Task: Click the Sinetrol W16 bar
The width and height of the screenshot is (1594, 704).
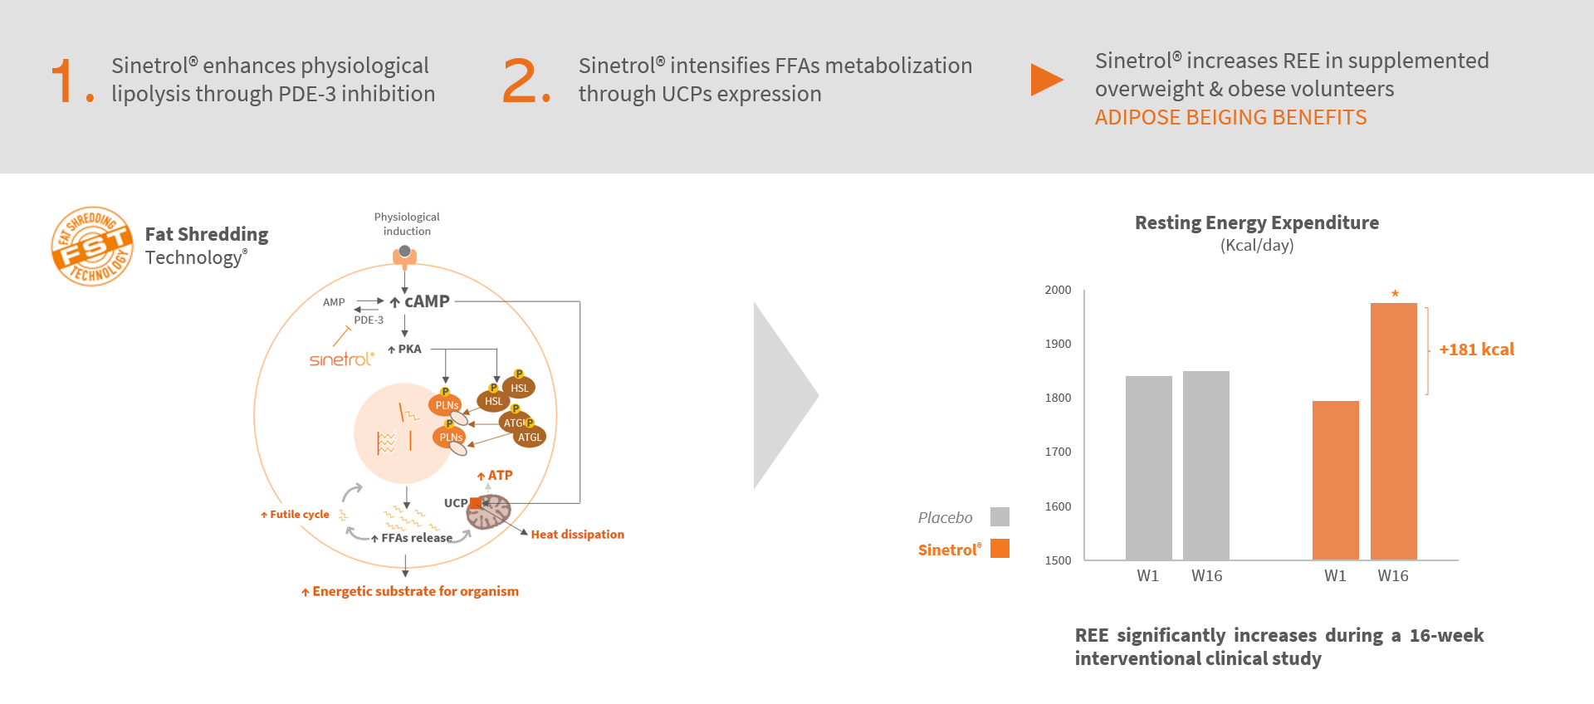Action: pyautogui.click(x=1393, y=431)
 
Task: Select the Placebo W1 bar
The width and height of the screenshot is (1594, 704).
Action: pyautogui.click(x=1149, y=467)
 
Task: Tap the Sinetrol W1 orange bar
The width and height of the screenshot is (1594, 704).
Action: pyautogui.click(x=1336, y=480)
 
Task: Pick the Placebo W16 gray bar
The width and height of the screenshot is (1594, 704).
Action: pyautogui.click(x=1206, y=465)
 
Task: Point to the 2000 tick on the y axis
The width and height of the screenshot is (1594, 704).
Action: pyautogui.click(x=1058, y=290)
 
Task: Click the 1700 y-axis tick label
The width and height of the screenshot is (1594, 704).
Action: pyautogui.click(x=1058, y=452)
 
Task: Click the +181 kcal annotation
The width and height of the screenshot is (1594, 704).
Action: pyautogui.click(x=1476, y=350)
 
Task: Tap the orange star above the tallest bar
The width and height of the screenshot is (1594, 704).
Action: pyautogui.click(x=1395, y=293)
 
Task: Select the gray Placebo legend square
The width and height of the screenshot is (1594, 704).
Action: pyautogui.click(x=1000, y=516)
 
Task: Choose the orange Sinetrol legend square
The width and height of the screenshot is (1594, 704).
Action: pyautogui.click(x=1000, y=548)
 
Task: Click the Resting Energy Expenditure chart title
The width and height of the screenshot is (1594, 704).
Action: pyautogui.click(x=1257, y=222)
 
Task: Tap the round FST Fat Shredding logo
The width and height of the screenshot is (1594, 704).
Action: pyautogui.click(x=92, y=246)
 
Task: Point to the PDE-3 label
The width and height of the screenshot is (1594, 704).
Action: pyautogui.click(x=369, y=320)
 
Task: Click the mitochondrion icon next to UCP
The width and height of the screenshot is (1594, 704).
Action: pyautogui.click(x=489, y=511)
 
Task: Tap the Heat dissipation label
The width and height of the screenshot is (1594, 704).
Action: pyautogui.click(x=578, y=535)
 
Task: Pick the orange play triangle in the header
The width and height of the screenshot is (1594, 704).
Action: pyautogui.click(x=1047, y=80)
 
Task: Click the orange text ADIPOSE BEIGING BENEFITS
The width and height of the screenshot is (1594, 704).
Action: pyautogui.click(x=1230, y=117)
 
